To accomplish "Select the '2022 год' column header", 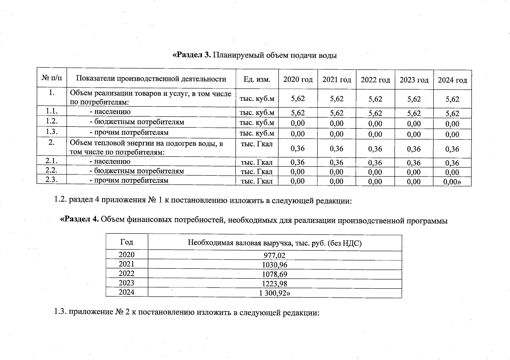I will (375, 80).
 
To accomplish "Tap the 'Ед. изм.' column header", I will (257, 79).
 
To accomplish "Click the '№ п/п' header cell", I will (52, 78).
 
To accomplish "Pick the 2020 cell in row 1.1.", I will (298, 113).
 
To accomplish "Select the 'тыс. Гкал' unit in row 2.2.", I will (257, 172).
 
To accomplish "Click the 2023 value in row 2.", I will (414, 149).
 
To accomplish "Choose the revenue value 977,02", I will (274, 256).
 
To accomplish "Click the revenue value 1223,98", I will (274, 284).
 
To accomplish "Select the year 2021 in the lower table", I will (126, 264).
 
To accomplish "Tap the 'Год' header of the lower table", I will (126, 242).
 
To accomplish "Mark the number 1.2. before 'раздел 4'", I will (61, 200).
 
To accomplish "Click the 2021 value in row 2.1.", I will (336, 163).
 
